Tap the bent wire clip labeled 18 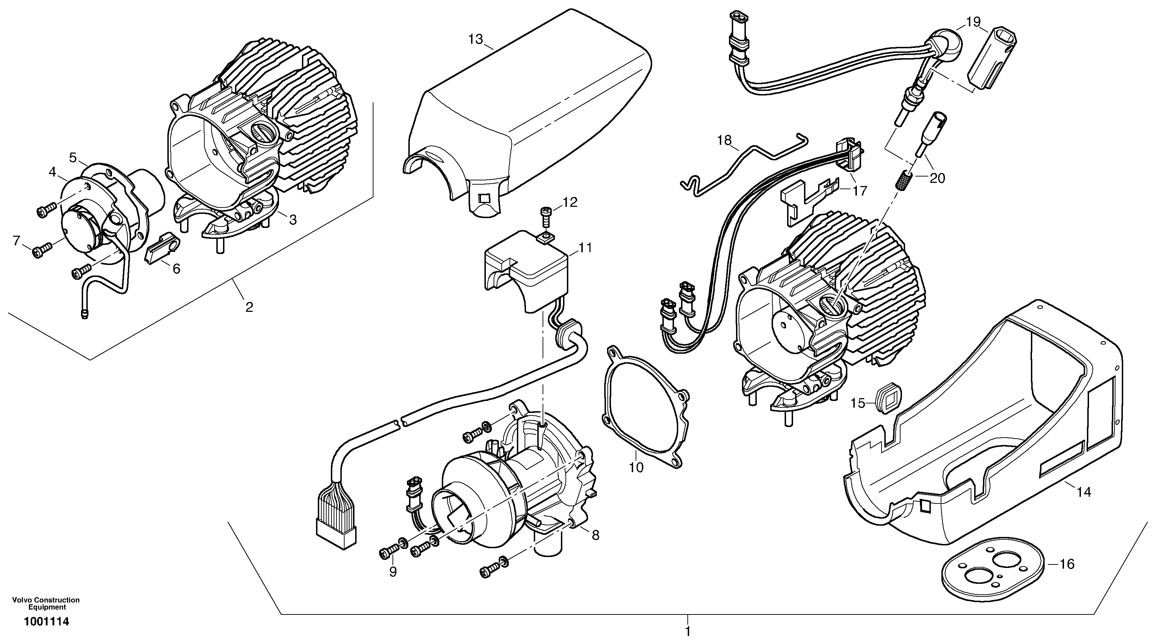tap(739, 155)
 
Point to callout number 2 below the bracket tap(249, 307)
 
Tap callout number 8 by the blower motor tap(596, 535)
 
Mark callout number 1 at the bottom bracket tap(688, 632)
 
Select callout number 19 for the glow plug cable tap(972, 22)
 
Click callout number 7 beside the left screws tap(17, 240)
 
